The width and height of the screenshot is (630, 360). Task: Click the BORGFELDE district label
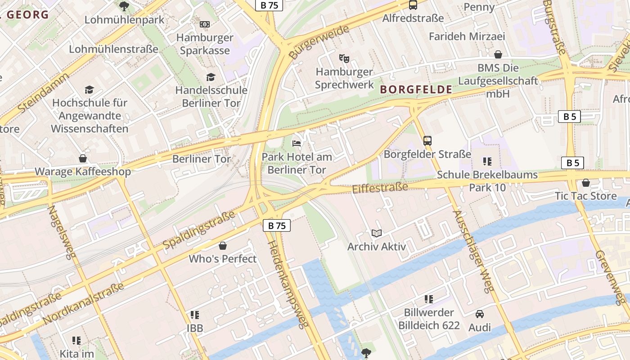point(416,90)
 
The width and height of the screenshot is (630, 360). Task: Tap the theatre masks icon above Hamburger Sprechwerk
point(344,58)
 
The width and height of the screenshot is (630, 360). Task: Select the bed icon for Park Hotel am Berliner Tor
point(297,144)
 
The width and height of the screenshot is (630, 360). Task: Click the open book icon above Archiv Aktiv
point(377,233)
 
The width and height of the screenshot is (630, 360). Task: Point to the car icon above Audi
point(480,314)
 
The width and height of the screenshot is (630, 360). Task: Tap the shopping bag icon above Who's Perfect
point(222,246)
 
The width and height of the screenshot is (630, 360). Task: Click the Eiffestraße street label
point(380,188)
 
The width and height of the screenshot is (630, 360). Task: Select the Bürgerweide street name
point(319,42)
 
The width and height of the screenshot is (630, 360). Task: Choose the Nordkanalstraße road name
point(83,304)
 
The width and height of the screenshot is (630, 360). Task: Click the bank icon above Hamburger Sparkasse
point(205,24)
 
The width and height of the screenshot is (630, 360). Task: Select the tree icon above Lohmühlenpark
point(124,6)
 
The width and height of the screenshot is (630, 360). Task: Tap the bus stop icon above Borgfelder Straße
point(427,140)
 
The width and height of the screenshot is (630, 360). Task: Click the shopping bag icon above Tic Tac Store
point(585,183)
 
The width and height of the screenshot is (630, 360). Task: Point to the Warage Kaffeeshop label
point(83,171)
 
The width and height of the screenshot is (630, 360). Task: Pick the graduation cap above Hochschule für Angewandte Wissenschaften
point(89,90)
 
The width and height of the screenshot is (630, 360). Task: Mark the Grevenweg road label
point(610,277)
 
